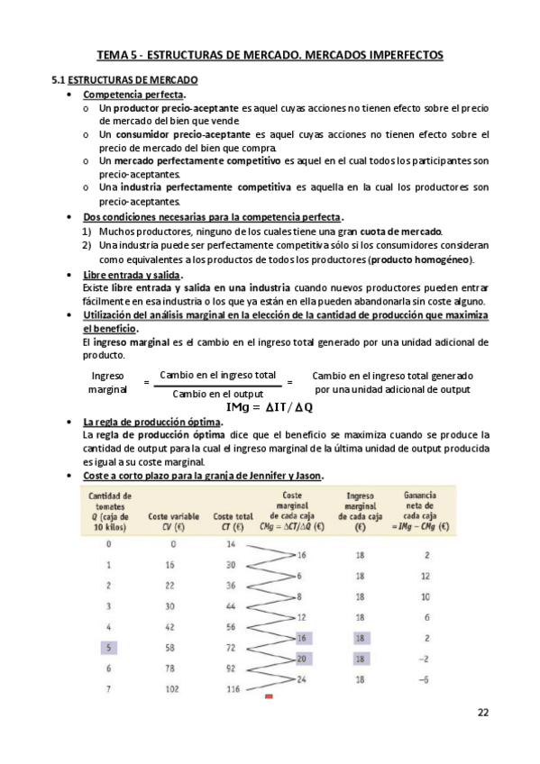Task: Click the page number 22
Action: coord(483,713)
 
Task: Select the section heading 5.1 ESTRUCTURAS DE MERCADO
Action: coord(124,80)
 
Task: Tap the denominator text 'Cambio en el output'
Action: coord(217,394)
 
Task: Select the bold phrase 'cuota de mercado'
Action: coord(402,232)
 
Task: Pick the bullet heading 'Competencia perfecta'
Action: coord(134,95)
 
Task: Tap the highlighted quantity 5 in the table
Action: coord(109,647)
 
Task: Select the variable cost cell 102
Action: coord(172,688)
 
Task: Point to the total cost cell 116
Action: coord(231,688)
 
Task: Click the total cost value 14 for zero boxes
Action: coord(231,544)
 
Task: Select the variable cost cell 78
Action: coord(172,668)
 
